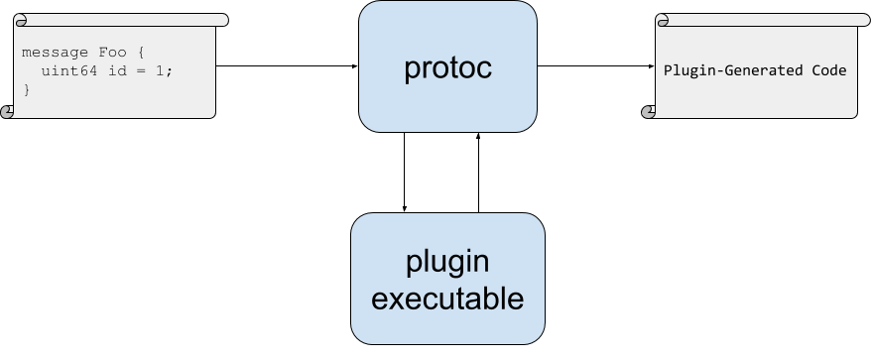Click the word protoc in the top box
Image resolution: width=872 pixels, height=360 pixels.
pyautogui.click(x=447, y=69)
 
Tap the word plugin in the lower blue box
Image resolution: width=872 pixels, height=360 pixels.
pyautogui.click(x=447, y=262)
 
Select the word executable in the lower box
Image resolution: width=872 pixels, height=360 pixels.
pyautogui.click(x=447, y=298)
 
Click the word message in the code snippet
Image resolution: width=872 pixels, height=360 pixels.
pyautogui.click(x=48, y=53)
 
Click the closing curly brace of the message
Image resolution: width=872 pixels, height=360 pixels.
pyautogui.click(x=26, y=89)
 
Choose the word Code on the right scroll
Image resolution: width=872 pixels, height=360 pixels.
pyautogui.click(x=830, y=71)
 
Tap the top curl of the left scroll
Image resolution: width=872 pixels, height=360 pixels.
pyautogui.click(x=21, y=20)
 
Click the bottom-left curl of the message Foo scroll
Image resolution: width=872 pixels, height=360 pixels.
pyautogui.click(x=9, y=111)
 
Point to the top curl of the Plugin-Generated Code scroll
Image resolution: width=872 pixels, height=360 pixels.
pyautogui.click(x=663, y=20)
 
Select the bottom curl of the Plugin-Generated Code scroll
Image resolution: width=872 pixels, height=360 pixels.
pyautogui.click(x=650, y=111)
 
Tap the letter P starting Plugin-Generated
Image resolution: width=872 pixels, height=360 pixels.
pyautogui.click(x=668, y=71)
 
